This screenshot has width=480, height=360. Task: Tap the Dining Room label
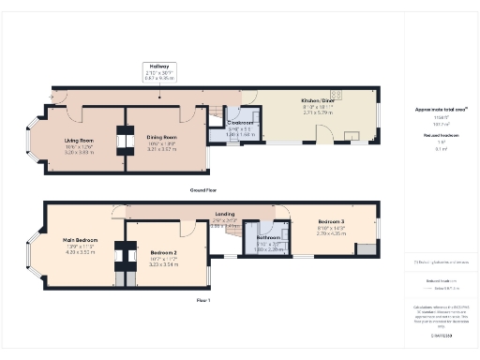click(162, 137)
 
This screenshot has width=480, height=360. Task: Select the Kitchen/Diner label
click(318, 99)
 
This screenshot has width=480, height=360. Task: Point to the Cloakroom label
click(241, 123)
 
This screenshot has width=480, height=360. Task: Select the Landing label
click(225, 215)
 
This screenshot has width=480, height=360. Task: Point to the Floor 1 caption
click(203, 300)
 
